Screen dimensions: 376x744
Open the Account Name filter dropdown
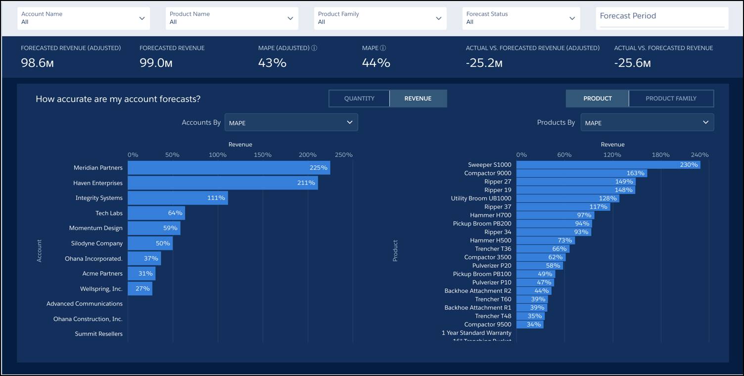click(x=83, y=18)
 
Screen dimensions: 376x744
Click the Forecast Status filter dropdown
click(x=521, y=18)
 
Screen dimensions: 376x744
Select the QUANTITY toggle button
click(x=359, y=98)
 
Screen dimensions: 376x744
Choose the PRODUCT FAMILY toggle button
click(x=671, y=98)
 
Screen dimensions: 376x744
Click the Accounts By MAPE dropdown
click(x=291, y=123)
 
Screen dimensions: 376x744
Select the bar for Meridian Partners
click(x=229, y=168)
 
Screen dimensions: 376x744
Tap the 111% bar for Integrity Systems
click(x=178, y=198)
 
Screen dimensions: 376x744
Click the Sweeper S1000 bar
click(x=608, y=165)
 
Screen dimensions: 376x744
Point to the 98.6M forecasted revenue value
click(x=37, y=63)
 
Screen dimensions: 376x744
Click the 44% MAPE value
click(x=376, y=63)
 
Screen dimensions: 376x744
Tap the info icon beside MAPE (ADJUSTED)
click(x=314, y=48)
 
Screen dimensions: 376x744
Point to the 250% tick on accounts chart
click(x=343, y=155)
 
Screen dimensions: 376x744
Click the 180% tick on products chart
click(x=660, y=155)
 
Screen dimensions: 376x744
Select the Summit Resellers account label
click(x=98, y=334)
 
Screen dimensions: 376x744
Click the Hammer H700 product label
click(x=490, y=215)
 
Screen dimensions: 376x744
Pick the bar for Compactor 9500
click(x=530, y=325)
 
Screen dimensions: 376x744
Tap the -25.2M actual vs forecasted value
click(x=484, y=63)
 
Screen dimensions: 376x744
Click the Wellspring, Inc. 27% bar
click(x=140, y=288)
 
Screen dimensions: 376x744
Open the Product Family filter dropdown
click(x=380, y=18)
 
